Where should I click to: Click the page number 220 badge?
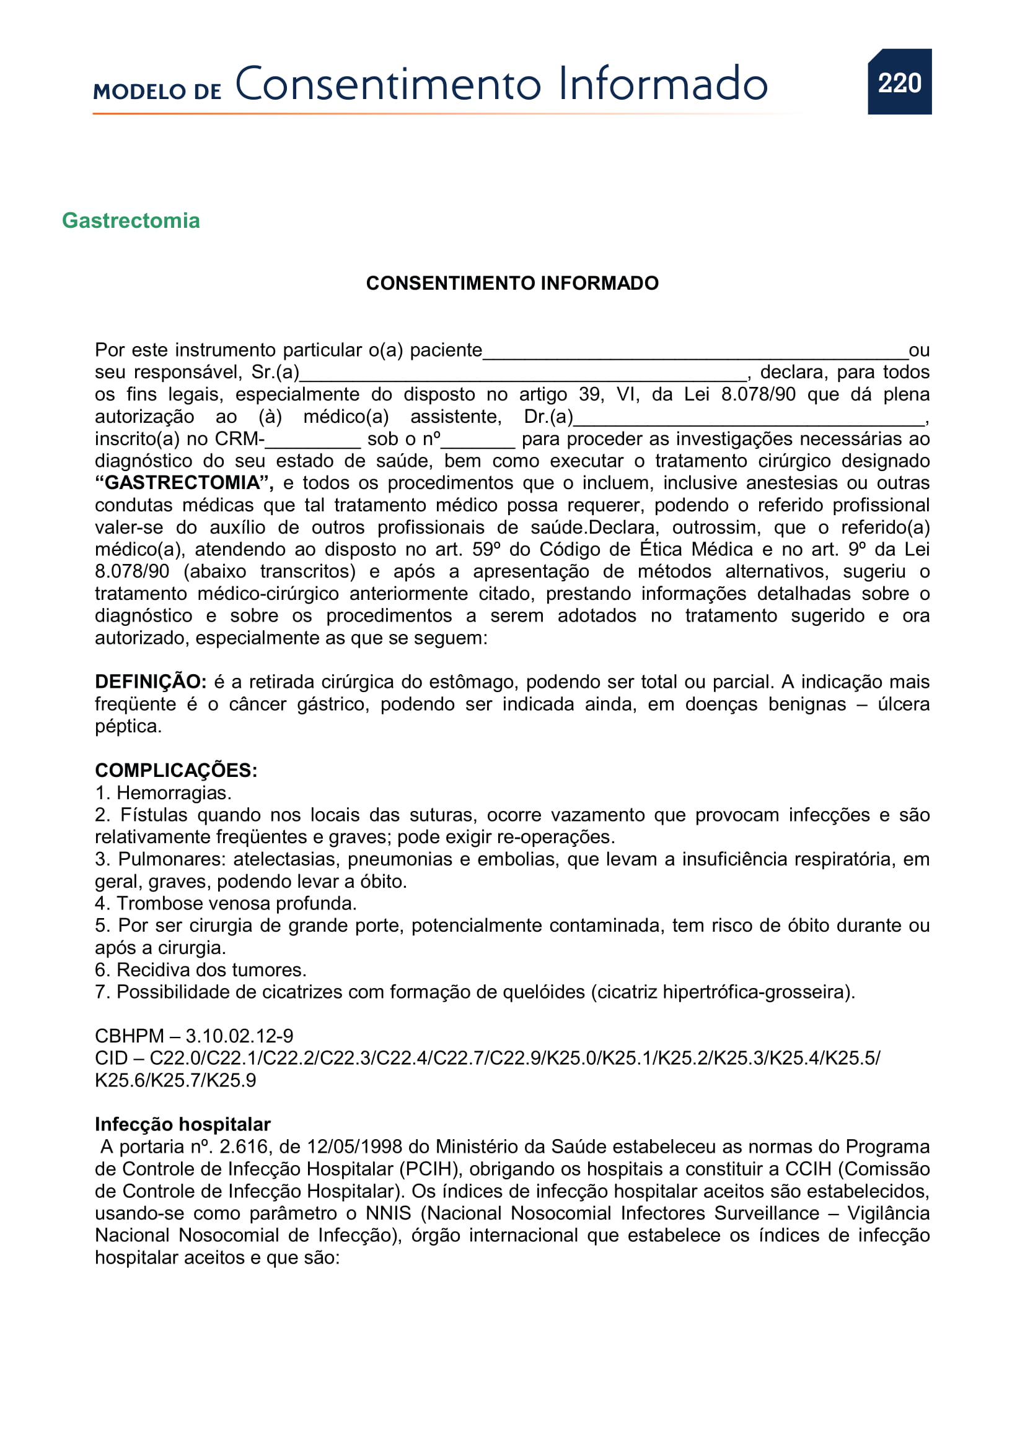tap(899, 82)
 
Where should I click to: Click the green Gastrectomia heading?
tap(131, 221)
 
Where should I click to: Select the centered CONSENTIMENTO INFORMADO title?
tap(512, 283)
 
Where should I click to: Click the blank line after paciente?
tap(694, 352)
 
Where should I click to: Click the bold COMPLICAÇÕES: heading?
tap(176, 770)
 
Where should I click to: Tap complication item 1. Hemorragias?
tap(164, 793)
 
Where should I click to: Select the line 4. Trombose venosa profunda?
tap(226, 903)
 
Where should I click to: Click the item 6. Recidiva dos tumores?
tap(200, 969)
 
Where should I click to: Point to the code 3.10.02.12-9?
tap(239, 1036)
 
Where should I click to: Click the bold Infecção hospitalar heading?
tap(182, 1124)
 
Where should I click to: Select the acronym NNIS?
tap(388, 1213)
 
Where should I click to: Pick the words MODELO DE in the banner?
tap(157, 92)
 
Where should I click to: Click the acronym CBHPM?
tap(130, 1036)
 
